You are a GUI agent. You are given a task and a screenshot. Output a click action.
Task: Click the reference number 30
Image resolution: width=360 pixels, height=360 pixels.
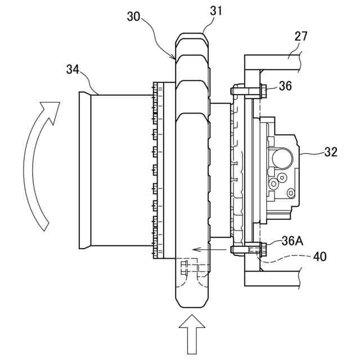(133, 16)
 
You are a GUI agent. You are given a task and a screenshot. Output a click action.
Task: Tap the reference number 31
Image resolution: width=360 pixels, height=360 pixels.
(216, 11)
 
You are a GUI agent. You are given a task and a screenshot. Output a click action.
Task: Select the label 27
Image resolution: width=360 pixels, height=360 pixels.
(300, 36)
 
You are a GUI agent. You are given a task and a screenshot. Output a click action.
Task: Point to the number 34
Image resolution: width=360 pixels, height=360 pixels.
(73, 69)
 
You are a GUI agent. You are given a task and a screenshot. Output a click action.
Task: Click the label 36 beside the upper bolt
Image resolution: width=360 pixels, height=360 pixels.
(285, 86)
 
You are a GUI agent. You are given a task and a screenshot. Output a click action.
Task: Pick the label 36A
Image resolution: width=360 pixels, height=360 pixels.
(292, 241)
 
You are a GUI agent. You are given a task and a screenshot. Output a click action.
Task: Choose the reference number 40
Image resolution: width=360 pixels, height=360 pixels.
(320, 256)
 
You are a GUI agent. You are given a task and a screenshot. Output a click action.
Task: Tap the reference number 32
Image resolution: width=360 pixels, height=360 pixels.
(331, 152)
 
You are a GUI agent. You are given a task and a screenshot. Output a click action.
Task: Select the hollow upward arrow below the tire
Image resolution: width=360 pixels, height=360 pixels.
(192, 334)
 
